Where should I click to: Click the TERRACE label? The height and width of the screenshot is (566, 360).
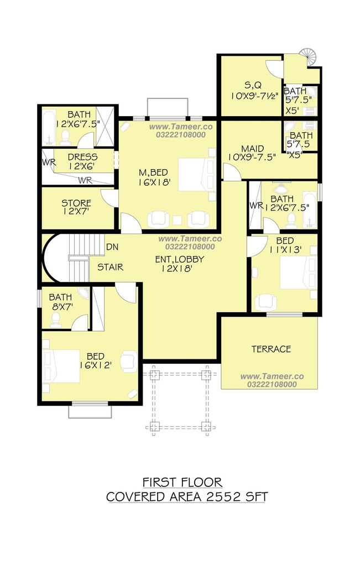point(271,349)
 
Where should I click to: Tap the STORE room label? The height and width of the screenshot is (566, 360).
point(76,203)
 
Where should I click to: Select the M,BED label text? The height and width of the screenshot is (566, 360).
point(154,173)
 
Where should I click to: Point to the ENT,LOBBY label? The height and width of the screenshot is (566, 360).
point(180,259)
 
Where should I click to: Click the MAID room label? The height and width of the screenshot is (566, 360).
point(252,149)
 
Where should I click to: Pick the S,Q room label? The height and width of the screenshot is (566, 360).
point(253,86)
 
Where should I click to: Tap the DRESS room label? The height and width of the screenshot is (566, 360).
point(83,157)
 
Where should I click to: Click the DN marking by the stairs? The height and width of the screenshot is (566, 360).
point(112,247)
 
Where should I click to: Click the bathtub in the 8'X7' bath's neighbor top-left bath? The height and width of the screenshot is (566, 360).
point(49,127)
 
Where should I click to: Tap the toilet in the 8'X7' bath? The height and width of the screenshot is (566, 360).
point(56,319)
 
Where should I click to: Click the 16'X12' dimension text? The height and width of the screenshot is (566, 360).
point(95,365)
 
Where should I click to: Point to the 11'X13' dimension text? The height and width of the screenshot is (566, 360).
point(285,249)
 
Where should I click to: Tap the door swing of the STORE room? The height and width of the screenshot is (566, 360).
point(109,198)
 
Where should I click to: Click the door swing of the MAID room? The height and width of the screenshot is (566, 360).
point(232,172)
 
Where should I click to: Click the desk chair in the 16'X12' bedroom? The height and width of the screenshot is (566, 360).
point(129,361)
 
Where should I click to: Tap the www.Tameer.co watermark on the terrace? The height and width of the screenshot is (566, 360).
point(272,376)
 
